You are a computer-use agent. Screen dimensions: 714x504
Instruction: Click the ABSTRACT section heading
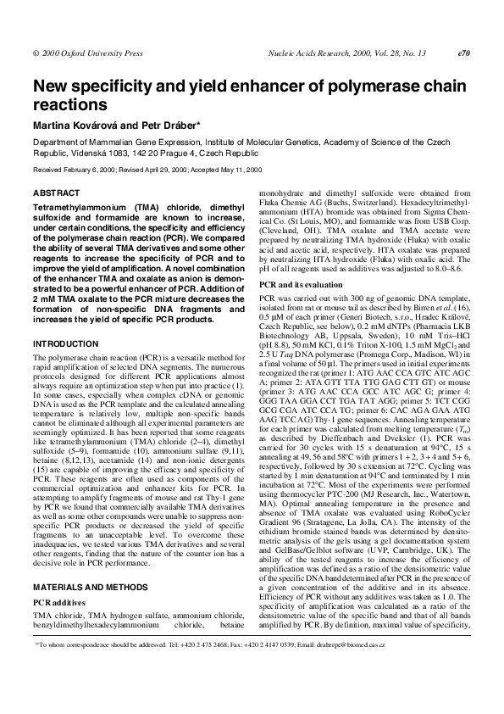point(56,193)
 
